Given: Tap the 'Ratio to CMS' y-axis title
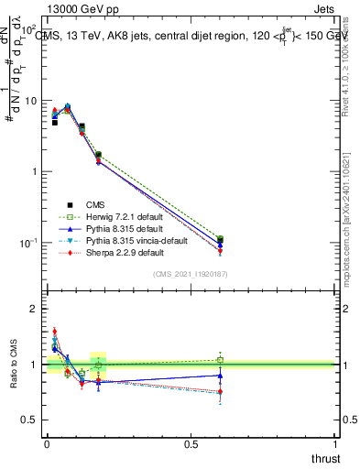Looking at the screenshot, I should (x=14, y=365).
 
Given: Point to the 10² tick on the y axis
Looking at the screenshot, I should (x=29, y=30).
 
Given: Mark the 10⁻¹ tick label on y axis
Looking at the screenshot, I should (x=29, y=243).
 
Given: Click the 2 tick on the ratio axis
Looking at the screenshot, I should (x=36, y=310).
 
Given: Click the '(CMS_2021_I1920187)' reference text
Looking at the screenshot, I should (x=191, y=274).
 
